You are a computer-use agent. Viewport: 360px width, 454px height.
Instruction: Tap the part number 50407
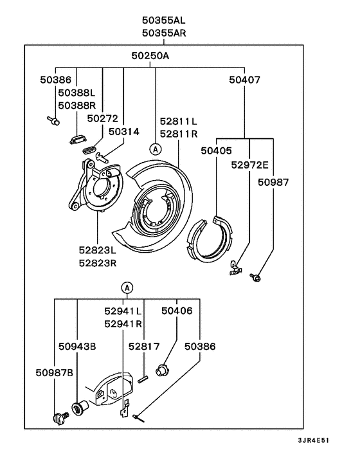click(x=245, y=80)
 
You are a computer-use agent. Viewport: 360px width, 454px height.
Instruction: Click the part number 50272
click(x=103, y=118)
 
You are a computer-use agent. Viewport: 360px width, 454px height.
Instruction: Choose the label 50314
click(x=123, y=131)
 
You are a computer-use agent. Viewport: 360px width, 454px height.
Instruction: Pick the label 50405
click(x=216, y=152)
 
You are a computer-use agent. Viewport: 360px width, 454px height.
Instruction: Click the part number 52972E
click(x=249, y=165)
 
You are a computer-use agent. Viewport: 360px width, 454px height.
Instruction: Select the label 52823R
click(x=98, y=262)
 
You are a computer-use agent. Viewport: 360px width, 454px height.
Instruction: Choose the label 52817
click(x=144, y=346)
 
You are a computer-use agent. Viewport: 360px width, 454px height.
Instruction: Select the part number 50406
click(x=177, y=311)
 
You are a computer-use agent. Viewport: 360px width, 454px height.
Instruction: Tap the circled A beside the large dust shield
click(x=154, y=149)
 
